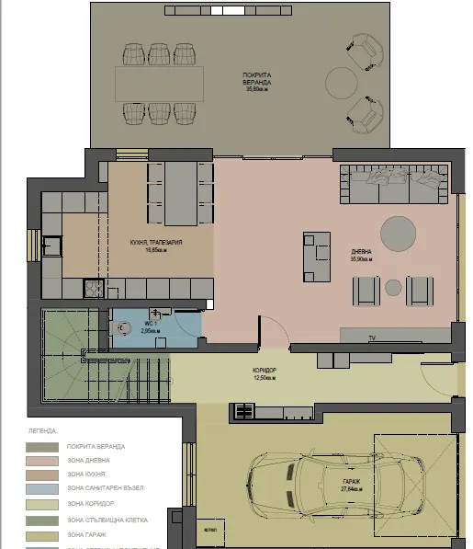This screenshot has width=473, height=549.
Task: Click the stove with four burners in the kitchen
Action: point(94,289)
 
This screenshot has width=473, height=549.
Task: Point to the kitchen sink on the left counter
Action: point(52,246)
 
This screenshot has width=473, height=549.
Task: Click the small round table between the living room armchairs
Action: point(393,291)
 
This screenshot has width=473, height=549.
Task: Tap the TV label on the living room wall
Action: point(372,339)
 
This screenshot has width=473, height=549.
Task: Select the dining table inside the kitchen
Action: point(178,187)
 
